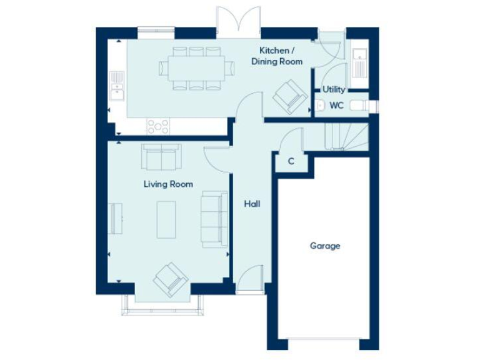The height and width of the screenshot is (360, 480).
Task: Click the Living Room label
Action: coord(168,184)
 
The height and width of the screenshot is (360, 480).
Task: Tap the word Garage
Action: coord(325,246)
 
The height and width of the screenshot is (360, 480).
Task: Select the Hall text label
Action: coord(252,204)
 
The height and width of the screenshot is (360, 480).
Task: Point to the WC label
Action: coord(336,106)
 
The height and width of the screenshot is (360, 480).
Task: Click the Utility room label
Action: coord(334,89)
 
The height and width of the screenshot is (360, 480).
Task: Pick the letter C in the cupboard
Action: coord(291,161)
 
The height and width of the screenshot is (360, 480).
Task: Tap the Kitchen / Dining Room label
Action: coord(276,56)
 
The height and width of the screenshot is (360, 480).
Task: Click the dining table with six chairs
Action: coord(196,66)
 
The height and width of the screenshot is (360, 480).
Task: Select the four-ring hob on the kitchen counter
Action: coord(157,126)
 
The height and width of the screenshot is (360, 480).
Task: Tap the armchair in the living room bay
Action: coord(169,279)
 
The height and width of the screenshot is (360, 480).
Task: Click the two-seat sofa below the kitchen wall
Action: coord(161,157)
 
